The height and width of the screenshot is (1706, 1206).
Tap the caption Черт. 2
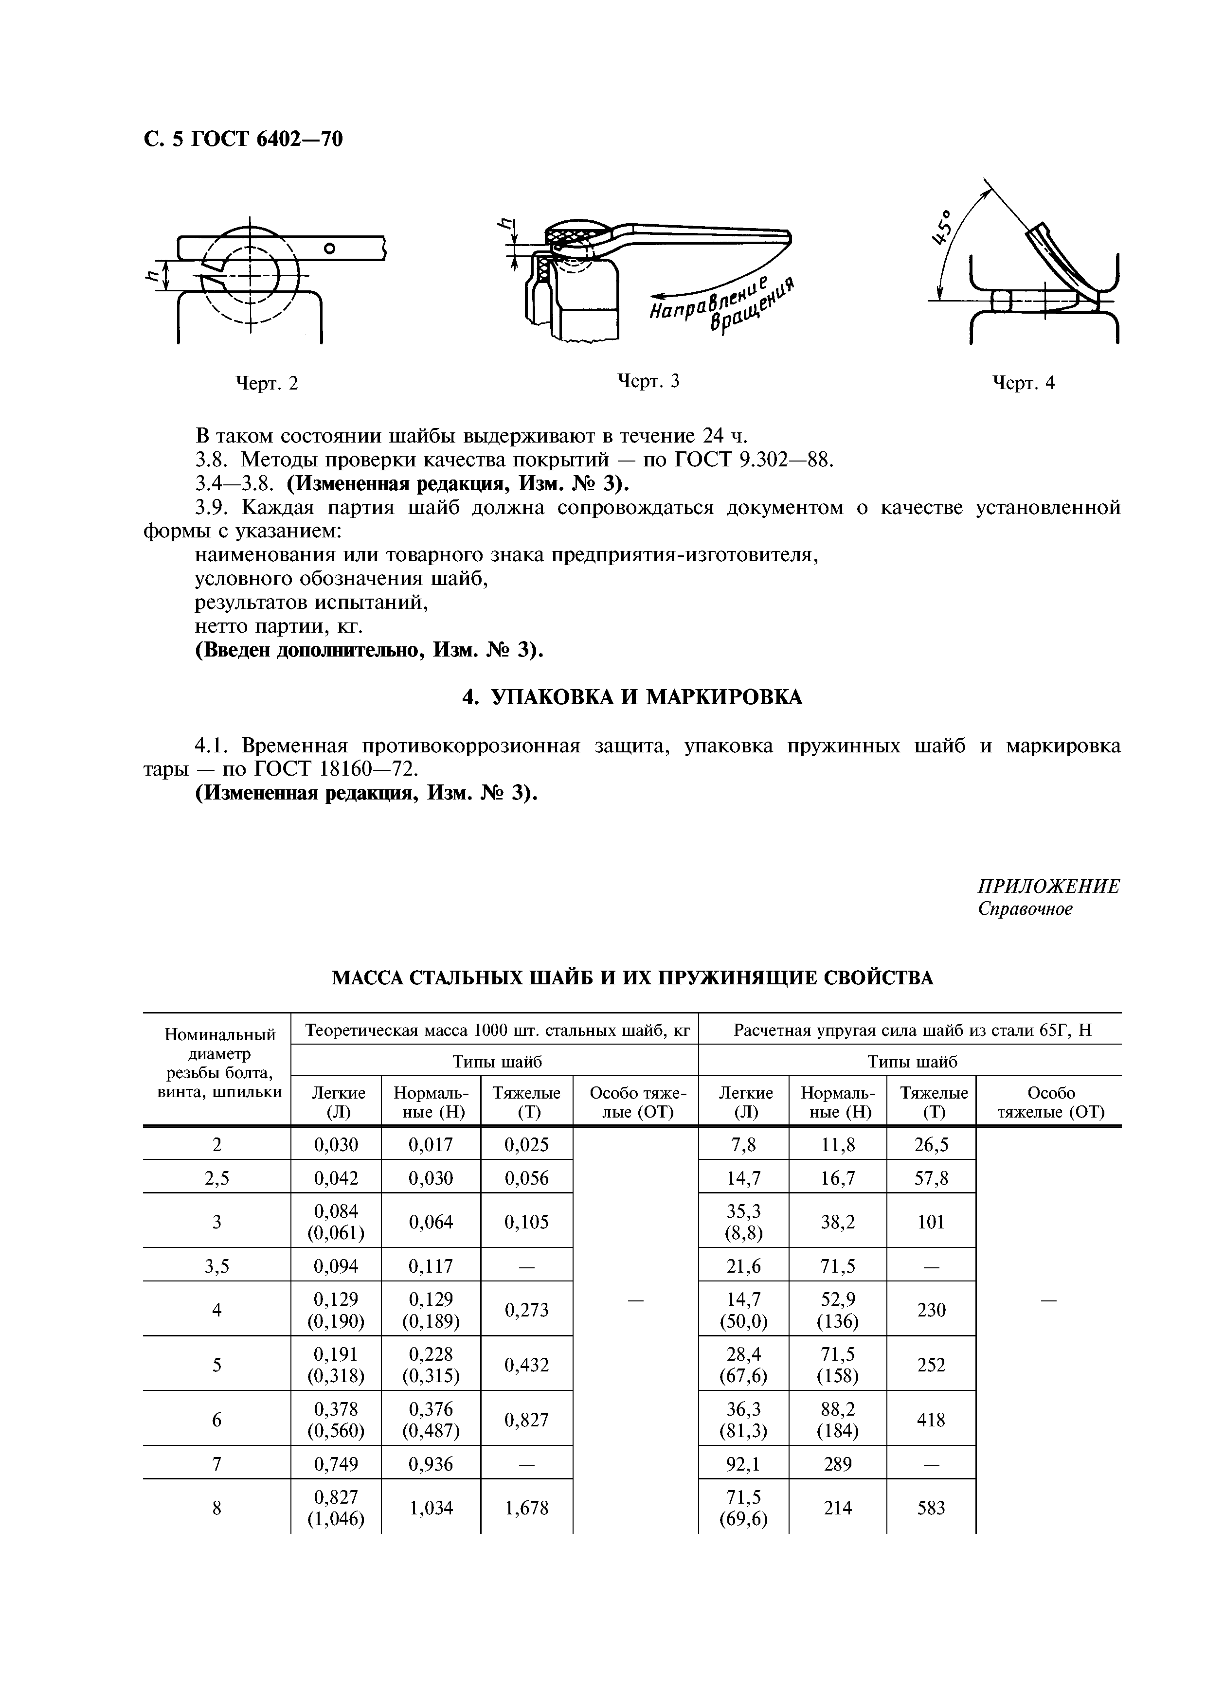pyautogui.click(x=266, y=383)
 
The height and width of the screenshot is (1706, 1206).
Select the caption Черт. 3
pyautogui.click(x=648, y=381)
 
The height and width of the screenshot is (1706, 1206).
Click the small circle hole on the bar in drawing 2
pyautogui.click(x=331, y=247)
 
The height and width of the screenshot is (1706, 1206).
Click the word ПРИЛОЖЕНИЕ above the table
pyautogui.click(x=1048, y=887)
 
